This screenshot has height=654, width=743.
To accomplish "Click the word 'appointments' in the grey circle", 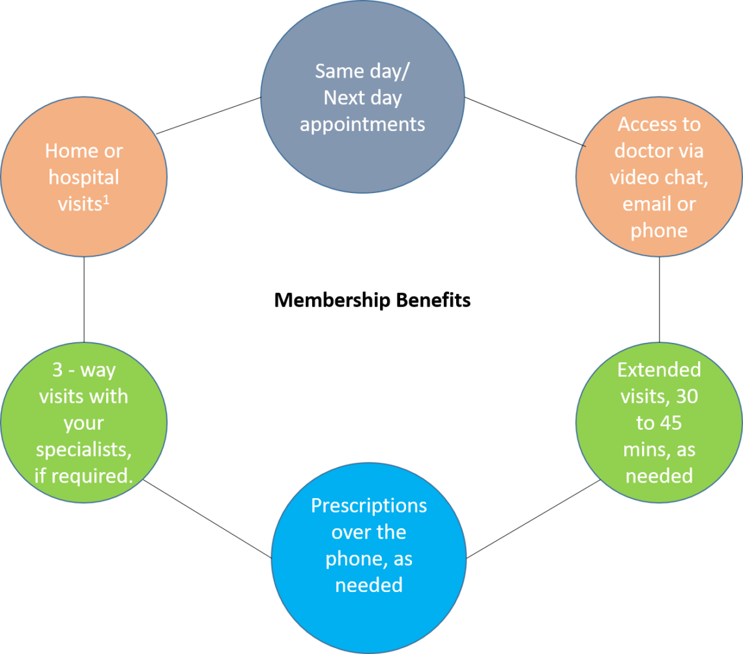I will (x=362, y=124).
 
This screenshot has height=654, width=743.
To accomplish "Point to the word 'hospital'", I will (x=84, y=177).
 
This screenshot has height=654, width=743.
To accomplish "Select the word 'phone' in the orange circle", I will (x=659, y=231).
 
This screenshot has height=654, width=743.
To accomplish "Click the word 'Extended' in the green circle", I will (x=659, y=370).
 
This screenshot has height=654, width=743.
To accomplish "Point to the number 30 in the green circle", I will (x=686, y=396).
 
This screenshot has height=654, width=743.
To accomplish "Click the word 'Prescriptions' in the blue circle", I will (x=369, y=506).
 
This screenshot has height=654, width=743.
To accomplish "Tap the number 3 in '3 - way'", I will (x=57, y=370).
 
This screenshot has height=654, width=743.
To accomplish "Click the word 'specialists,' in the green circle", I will (x=83, y=450).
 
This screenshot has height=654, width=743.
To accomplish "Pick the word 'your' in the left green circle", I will (x=83, y=423).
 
